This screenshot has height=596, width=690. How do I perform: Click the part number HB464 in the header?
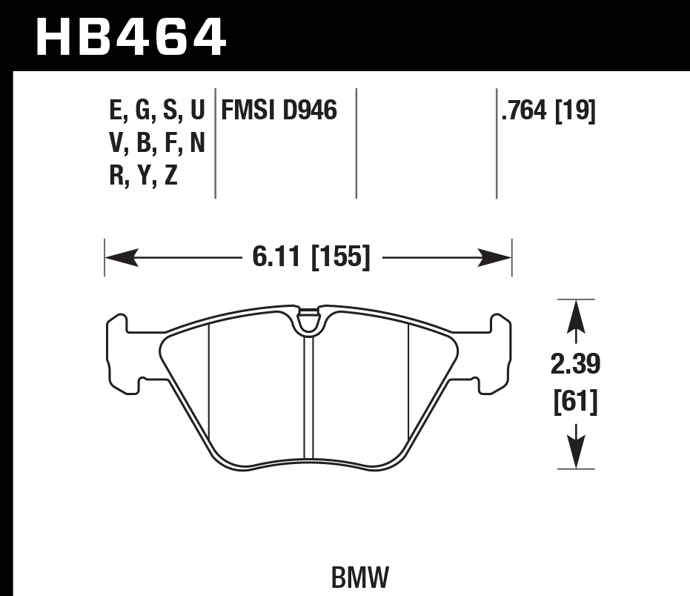130,36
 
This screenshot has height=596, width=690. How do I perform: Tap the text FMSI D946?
278,111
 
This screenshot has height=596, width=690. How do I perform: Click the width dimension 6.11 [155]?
311,258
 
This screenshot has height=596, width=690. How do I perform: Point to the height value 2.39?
576,365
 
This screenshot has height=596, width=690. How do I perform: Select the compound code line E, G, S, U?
156,111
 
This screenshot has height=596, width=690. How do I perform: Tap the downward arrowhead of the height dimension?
576,452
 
